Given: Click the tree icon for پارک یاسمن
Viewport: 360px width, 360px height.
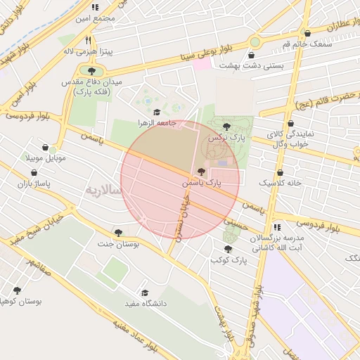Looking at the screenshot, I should [x=202, y=172].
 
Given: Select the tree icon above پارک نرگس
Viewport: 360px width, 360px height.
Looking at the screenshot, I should [x=225, y=127].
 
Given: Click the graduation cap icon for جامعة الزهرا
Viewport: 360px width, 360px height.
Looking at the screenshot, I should [x=156, y=112].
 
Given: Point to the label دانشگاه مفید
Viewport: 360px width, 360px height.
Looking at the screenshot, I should [x=164, y=304].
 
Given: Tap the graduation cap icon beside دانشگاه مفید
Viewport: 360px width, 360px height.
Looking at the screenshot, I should [x=145, y=292].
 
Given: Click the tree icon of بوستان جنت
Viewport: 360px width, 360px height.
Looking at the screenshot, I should [x=117, y=232].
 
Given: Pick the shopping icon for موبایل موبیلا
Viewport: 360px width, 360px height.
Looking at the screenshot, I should [x=46, y=148].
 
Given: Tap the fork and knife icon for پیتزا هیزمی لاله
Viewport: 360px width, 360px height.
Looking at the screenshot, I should [x=89, y=40].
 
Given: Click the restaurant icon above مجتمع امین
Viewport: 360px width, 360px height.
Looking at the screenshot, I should [x=95, y=6].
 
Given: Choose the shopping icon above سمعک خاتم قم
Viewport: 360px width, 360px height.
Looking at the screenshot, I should [x=307, y=33].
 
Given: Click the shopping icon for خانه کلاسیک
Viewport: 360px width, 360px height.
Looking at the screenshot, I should [x=281, y=172].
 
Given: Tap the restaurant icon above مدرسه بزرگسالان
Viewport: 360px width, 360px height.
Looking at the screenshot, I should [x=278, y=227].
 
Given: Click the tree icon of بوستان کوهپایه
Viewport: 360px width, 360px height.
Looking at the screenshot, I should [x=17, y=290].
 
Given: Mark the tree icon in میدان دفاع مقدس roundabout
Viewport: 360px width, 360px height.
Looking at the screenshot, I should [x=91, y=70].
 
